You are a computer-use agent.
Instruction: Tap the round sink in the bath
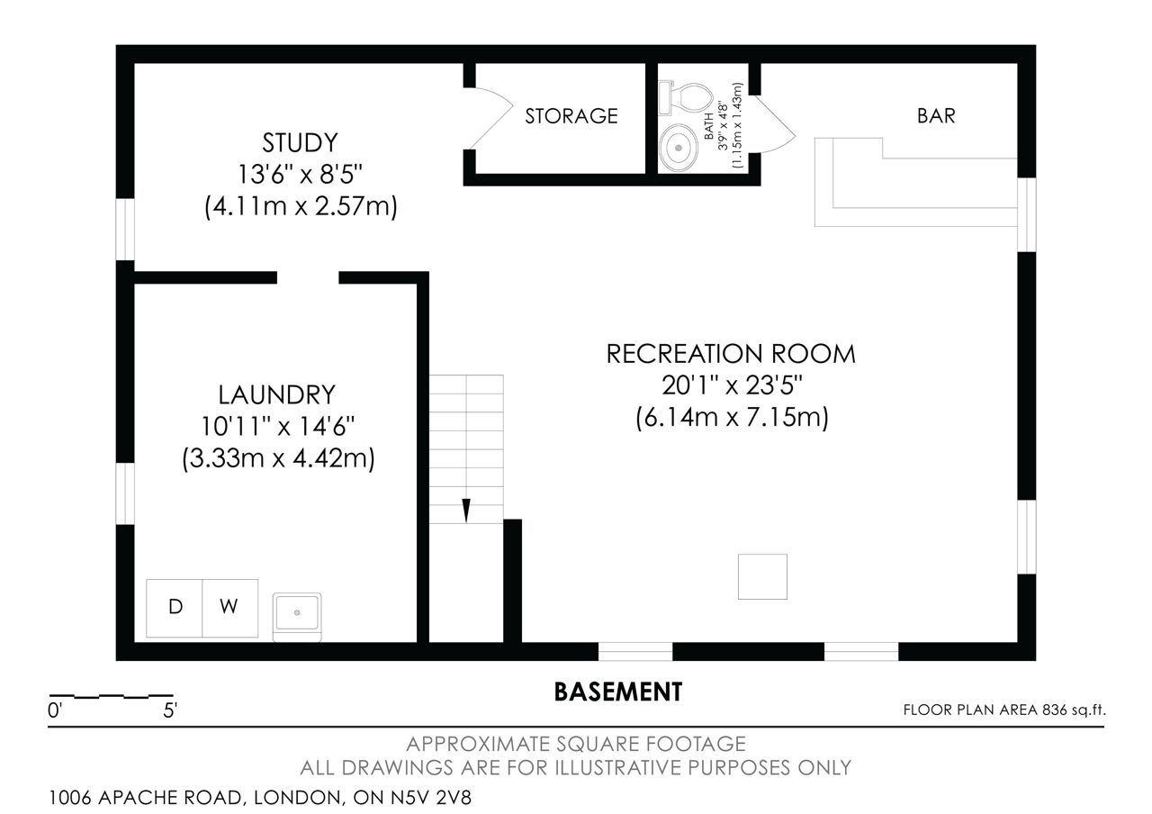[679, 148]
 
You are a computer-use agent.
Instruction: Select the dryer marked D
[175, 608]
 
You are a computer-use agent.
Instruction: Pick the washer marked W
[229, 608]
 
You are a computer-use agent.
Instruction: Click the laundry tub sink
[297, 617]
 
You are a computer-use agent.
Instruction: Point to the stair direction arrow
[466, 510]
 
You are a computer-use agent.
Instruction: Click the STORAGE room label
[571, 116]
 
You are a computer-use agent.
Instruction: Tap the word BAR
[936, 116]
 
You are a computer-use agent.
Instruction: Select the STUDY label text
[300, 142]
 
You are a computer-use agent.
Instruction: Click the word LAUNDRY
[276, 394]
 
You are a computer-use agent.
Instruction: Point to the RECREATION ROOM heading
[731, 354]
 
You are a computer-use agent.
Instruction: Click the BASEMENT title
[617, 692]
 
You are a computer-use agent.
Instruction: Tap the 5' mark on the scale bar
[170, 710]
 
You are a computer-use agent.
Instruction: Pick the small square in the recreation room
[762, 576]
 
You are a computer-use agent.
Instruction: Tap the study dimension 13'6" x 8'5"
[300, 175]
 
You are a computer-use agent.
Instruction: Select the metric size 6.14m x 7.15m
[732, 417]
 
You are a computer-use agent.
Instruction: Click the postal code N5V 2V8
[430, 798]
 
